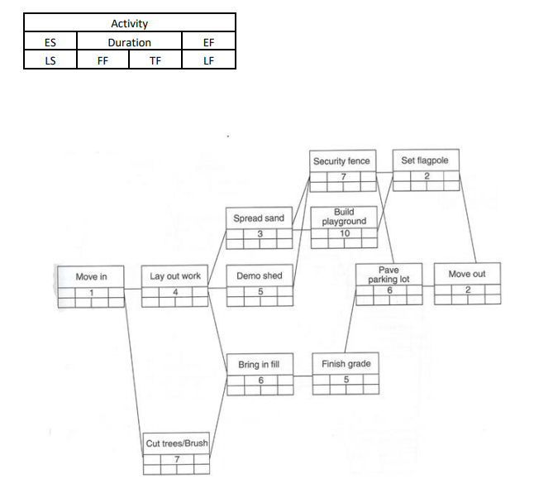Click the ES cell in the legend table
(50, 42)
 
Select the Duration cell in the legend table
(130, 42)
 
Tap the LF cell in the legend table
(208, 60)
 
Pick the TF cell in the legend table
(155, 60)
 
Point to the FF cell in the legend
(103, 60)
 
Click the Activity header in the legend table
(130, 24)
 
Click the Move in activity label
(92, 276)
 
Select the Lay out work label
(175, 276)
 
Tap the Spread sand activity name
(259, 218)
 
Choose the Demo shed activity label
(260, 276)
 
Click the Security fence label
(341, 161)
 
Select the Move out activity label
(467, 274)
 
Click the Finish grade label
(346, 364)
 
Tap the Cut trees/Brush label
(176, 443)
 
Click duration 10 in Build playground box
(345, 233)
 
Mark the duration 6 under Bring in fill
(260, 379)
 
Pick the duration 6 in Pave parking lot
(389, 290)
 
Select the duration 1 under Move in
(93, 292)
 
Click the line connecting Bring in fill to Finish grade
(303, 376)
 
